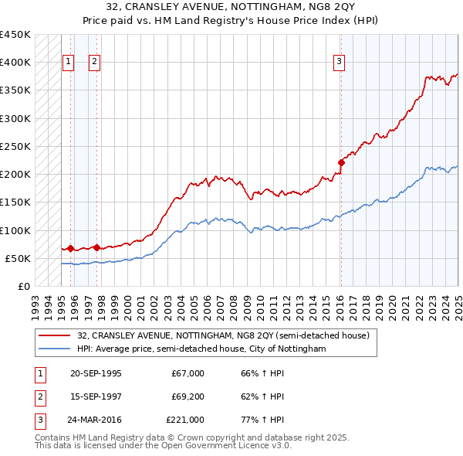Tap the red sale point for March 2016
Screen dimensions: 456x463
340,162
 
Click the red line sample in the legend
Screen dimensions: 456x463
55,336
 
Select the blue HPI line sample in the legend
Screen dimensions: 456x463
55,349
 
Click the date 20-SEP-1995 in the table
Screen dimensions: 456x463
96,374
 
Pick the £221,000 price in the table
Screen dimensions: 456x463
185,420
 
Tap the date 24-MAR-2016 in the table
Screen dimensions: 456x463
96,420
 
